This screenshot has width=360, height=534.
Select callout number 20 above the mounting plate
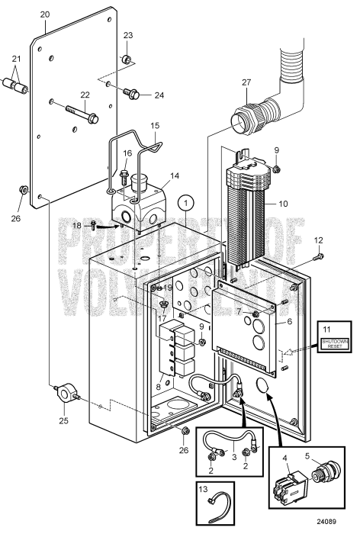click(45, 14)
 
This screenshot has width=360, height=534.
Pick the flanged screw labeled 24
click(137, 94)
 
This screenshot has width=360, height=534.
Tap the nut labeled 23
click(127, 60)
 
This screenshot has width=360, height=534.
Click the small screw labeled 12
click(318, 256)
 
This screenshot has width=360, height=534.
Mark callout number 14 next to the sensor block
click(175, 175)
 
